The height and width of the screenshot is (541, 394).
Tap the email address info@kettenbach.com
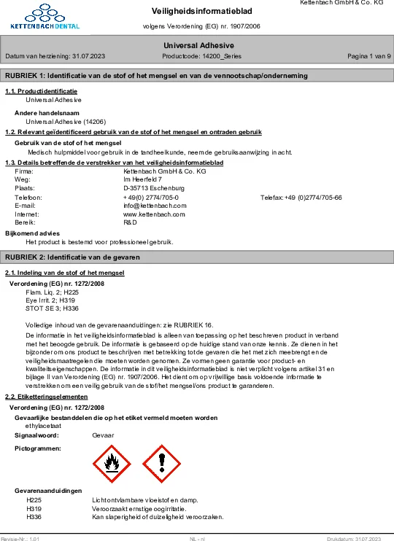[x=155, y=206]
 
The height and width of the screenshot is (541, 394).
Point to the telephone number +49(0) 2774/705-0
[x=151, y=198]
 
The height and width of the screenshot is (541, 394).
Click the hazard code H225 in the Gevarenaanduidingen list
[x=34, y=501]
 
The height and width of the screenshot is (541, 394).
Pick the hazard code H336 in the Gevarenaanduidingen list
[x=34, y=517]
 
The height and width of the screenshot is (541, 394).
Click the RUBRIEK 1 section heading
[x=156, y=76]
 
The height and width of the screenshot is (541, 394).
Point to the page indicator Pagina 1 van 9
[x=368, y=56]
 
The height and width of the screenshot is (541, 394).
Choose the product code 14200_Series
[x=201, y=56]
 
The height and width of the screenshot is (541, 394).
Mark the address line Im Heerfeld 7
[x=143, y=179]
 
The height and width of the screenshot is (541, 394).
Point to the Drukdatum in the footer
[x=354, y=538]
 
